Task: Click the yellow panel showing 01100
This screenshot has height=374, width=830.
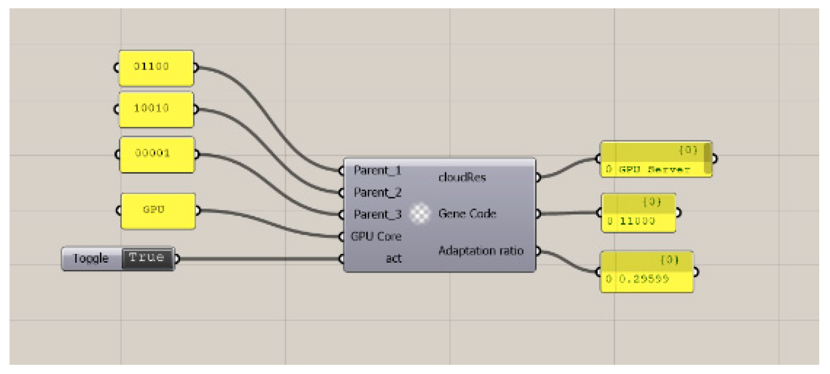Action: click(156, 68)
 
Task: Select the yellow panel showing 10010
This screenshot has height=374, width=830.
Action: click(156, 109)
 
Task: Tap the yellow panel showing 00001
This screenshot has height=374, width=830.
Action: click(157, 154)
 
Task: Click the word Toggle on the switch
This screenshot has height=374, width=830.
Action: click(90, 258)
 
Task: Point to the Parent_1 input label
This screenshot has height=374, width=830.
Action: click(377, 170)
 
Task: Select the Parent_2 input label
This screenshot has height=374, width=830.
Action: click(377, 192)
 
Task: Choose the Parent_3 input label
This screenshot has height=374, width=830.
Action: click(377, 214)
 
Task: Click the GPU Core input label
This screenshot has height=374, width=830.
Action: click(376, 236)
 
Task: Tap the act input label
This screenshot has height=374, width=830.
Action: click(393, 258)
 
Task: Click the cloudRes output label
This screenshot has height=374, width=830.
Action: click(461, 177)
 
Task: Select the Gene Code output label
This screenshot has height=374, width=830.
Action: click(467, 214)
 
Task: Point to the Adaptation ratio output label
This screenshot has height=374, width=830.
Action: click(481, 251)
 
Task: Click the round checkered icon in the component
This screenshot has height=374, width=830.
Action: click(420, 214)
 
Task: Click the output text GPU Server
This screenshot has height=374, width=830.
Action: click(654, 170)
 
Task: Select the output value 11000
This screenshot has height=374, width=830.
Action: click(637, 221)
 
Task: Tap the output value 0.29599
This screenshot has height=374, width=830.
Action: click(644, 279)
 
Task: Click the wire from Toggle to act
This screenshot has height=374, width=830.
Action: click(257, 259)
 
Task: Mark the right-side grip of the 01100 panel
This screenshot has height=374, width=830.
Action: click(195, 67)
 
